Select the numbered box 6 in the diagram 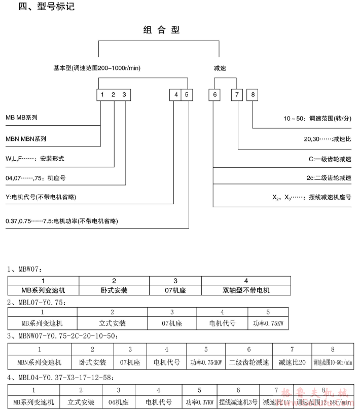[x=215, y=95]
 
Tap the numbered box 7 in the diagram [x=237, y=95]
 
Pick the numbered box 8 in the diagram [x=253, y=95]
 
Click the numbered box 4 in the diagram [x=175, y=95]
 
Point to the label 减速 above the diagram [x=220, y=67]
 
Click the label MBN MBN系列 [x=29, y=138]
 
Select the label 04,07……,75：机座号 [x=35, y=177]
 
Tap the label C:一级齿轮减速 [x=330, y=158]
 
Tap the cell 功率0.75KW [x=268, y=323]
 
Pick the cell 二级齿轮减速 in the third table [x=248, y=362]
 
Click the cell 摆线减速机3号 [x=238, y=402]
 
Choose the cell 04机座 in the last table [x=118, y=402]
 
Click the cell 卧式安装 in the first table [x=114, y=290]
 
